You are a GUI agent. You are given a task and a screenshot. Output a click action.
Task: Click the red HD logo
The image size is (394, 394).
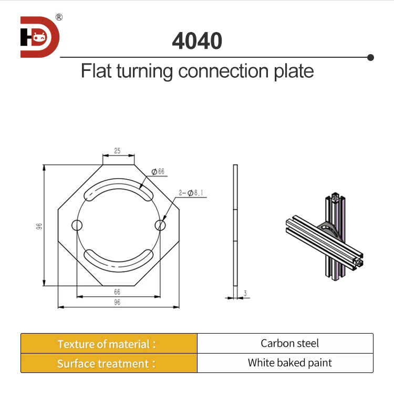click(x=40, y=37)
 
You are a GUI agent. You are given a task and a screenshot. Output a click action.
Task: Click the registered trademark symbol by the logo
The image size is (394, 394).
click(x=59, y=17)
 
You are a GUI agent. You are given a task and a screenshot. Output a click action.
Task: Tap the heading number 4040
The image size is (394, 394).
click(x=197, y=41)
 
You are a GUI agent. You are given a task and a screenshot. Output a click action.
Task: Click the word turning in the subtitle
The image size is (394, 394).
click(x=143, y=71)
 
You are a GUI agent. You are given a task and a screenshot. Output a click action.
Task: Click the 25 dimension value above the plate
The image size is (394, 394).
click(x=117, y=151)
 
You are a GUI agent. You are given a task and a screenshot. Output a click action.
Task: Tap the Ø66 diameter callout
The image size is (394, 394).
click(x=158, y=172)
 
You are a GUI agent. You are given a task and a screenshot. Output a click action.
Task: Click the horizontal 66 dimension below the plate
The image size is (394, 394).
click(x=117, y=292)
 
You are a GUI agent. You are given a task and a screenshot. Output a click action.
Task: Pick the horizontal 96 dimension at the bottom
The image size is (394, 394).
click(x=117, y=302)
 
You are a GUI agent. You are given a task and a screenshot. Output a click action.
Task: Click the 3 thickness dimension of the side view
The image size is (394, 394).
click(x=245, y=293)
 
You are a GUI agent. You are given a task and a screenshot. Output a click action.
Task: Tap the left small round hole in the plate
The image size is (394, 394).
click(x=77, y=225)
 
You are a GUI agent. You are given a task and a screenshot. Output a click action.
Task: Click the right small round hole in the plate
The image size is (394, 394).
click(x=160, y=225)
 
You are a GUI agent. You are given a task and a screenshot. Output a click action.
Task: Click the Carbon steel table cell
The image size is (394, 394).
click(x=289, y=344)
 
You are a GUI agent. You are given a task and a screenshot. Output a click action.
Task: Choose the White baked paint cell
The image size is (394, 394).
click(x=289, y=363)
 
